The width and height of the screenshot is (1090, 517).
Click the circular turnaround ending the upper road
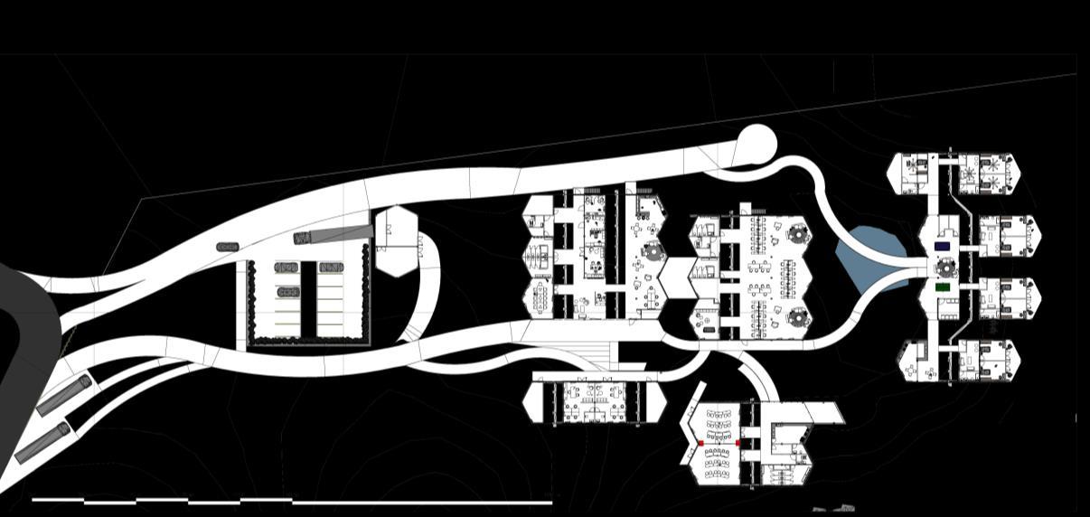[756, 144]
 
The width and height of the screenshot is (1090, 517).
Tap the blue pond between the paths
[868, 258]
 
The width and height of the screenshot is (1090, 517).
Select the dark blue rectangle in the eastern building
[943, 246]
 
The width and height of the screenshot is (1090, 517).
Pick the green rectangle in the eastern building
[943, 287]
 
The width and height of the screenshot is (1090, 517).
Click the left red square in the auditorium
[700, 444]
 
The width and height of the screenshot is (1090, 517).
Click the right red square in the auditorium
[738, 444]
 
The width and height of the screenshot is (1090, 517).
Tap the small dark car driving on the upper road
[228, 247]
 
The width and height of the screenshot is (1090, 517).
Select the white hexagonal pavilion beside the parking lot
[396, 240]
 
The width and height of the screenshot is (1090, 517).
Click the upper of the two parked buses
[63, 396]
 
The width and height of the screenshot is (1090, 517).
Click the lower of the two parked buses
[42, 441]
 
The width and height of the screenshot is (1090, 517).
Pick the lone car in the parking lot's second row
[288, 292]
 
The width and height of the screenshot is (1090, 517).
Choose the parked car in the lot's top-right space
[331, 268]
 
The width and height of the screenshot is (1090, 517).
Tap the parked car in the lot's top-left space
[287, 268]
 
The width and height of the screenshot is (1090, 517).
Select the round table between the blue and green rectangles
[945, 267]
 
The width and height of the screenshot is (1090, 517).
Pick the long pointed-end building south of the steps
[595, 401]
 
